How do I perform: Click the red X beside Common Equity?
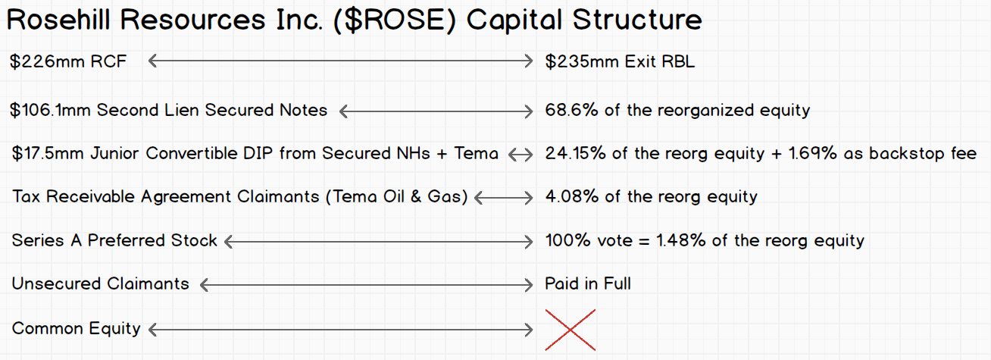(571, 330)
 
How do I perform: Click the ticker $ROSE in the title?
(395, 20)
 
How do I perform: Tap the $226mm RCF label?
(68, 61)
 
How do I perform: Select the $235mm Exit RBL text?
(620, 61)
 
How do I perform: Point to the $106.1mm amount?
(50, 110)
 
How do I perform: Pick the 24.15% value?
(575, 154)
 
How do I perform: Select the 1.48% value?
(680, 240)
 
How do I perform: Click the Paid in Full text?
(587, 284)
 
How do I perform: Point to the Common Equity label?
(76, 329)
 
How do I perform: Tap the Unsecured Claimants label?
(101, 284)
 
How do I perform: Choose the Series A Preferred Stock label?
(114, 240)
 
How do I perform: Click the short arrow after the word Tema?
(521, 155)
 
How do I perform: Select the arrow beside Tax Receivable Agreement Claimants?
(504, 198)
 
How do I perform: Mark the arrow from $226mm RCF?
(340, 61)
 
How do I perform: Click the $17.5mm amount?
(48, 154)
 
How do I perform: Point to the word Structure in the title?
(637, 20)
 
